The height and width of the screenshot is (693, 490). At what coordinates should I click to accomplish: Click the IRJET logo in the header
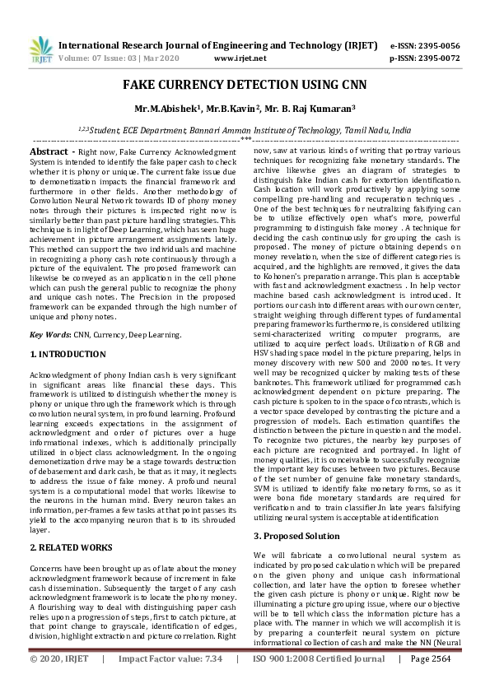(x=38, y=51)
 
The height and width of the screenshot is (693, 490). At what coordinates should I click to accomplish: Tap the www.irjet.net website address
(x=240, y=59)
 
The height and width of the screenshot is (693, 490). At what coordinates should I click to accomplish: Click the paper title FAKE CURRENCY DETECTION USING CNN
(x=245, y=86)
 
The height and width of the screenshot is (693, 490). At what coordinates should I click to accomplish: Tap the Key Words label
(x=50, y=335)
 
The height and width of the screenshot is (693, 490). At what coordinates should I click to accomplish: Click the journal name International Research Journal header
(x=209, y=46)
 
